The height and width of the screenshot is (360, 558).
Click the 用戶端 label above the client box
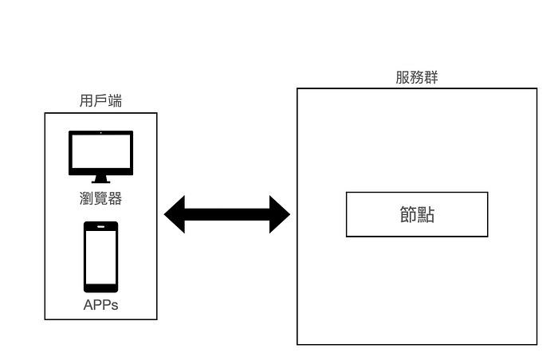[100, 101]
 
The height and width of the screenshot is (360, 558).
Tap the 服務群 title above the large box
[417, 77]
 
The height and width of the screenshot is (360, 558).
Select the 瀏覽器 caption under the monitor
[100, 198]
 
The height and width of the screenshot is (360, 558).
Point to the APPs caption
[100, 304]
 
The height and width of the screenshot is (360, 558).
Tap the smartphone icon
[100, 256]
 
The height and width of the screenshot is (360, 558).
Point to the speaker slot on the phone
[100, 227]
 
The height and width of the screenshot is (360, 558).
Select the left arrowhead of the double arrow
[175, 214]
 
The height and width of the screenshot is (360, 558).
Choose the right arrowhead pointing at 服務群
[280, 214]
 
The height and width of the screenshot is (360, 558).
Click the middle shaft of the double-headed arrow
[227, 214]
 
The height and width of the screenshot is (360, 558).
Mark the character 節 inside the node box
[407, 215]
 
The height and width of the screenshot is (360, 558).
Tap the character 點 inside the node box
[426, 215]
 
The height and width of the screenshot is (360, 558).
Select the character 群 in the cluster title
[431, 77]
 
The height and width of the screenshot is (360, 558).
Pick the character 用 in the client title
[87, 101]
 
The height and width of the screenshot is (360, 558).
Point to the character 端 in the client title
[115, 101]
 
